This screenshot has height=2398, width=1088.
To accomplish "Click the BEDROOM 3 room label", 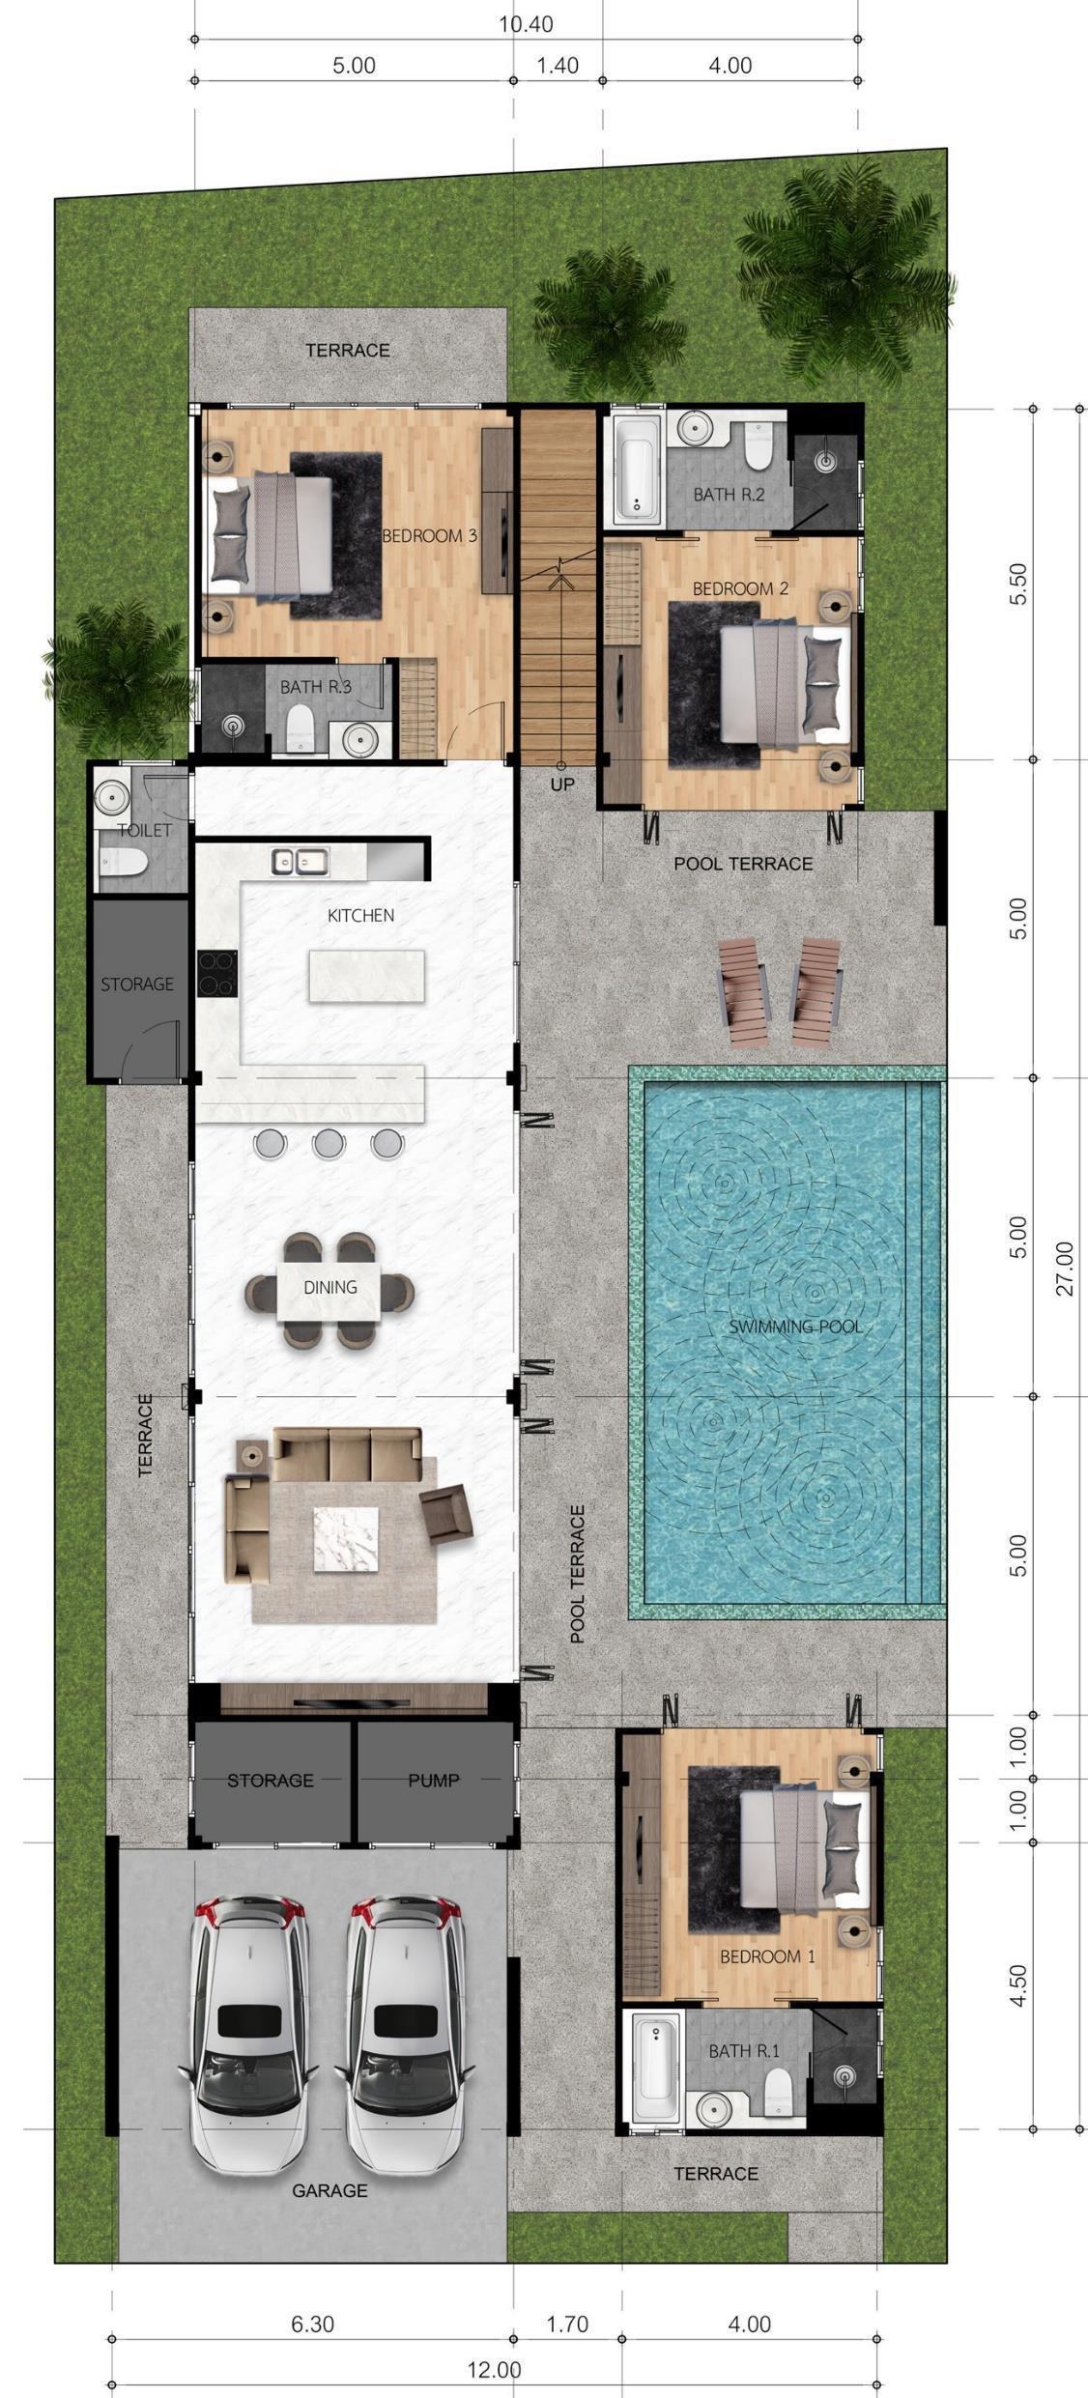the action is (429, 535).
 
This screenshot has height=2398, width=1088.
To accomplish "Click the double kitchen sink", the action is (300, 861).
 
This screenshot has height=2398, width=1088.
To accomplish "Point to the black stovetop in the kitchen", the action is (217, 973).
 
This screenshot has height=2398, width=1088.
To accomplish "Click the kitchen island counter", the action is (366, 976).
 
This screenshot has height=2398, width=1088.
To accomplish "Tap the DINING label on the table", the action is (330, 1287).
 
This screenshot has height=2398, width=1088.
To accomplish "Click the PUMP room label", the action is (433, 1780).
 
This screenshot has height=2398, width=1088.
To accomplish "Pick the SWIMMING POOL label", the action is (795, 1327).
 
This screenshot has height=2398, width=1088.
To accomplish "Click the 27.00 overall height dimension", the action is (1064, 1268).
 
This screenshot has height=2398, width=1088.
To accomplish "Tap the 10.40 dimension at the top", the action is (526, 24).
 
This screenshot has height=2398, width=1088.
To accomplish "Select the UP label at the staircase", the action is (561, 785).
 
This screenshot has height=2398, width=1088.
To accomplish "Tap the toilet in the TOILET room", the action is (123, 860).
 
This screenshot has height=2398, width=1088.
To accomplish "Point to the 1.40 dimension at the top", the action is (558, 66).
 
